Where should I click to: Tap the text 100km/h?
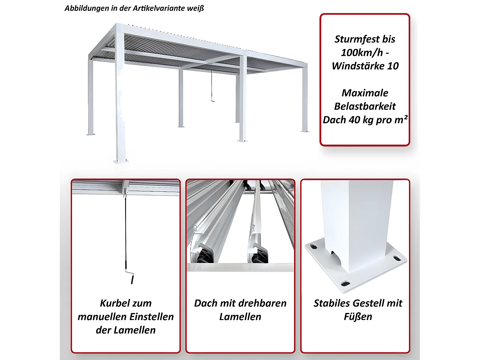(362, 52)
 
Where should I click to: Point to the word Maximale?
(365, 93)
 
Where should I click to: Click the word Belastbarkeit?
(365, 106)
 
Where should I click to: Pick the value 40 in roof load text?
(355, 120)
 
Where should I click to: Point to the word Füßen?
(358, 316)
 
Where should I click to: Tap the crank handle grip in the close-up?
(132, 280)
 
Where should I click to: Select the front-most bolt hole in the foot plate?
(345, 284)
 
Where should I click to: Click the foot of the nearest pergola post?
(121, 161)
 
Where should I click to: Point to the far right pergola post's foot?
(305, 131)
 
